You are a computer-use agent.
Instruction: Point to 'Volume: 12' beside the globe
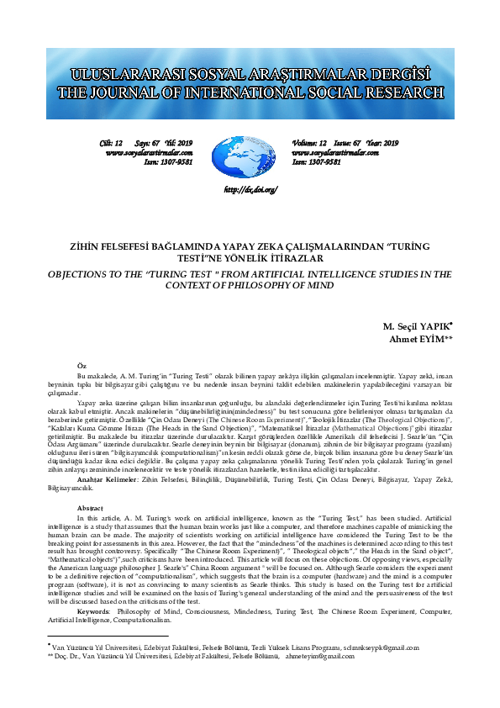(x=309, y=144)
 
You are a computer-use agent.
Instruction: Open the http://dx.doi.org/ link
(x=250, y=191)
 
